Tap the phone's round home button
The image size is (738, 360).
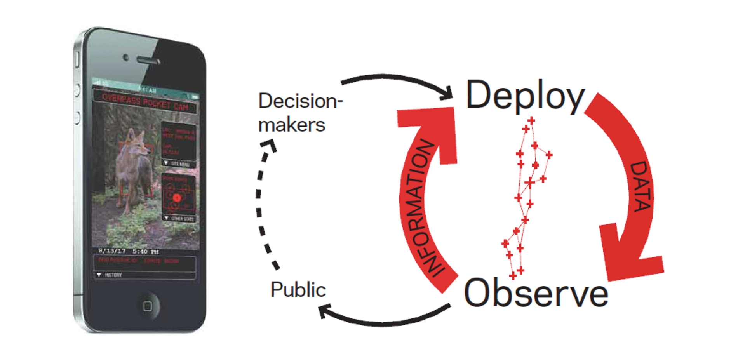click(147, 306)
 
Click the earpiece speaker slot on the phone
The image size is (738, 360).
click(148, 60)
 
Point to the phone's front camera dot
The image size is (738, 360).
click(125, 57)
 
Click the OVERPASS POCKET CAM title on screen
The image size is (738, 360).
click(145, 102)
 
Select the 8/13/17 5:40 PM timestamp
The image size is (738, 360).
click(129, 251)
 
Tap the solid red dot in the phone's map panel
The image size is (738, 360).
click(177, 198)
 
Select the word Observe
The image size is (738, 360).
click(536, 293)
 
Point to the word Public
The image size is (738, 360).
click(298, 290)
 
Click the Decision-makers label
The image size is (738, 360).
click(299, 113)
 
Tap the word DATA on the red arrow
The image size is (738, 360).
click(641, 186)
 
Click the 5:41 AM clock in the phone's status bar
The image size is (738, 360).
click(148, 90)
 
